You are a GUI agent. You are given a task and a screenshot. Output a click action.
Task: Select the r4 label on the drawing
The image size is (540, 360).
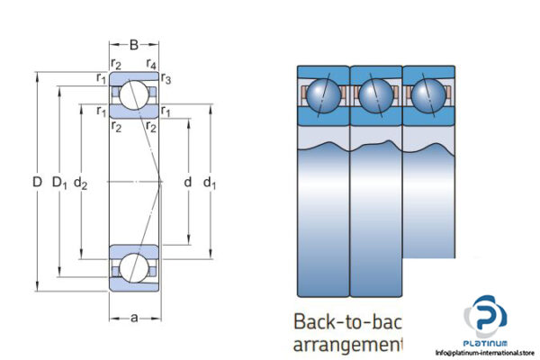[153, 63]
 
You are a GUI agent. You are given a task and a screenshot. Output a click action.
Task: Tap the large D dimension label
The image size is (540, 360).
[36, 183]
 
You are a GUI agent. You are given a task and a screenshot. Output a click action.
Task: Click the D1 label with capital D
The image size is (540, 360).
[60, 184]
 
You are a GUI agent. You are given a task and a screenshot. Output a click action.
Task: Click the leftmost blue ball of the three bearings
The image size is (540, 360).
[322, 95]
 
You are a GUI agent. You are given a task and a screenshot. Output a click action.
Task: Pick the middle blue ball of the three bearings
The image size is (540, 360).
[375, 95]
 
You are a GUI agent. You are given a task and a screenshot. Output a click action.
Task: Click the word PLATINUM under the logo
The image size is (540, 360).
[487, 343]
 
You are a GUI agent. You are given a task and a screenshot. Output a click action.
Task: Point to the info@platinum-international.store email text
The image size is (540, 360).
[486, 353]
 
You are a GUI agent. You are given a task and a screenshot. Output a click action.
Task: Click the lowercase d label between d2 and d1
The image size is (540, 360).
[187, 184]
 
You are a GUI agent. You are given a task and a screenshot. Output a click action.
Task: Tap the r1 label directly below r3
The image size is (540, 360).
[167, 111]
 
